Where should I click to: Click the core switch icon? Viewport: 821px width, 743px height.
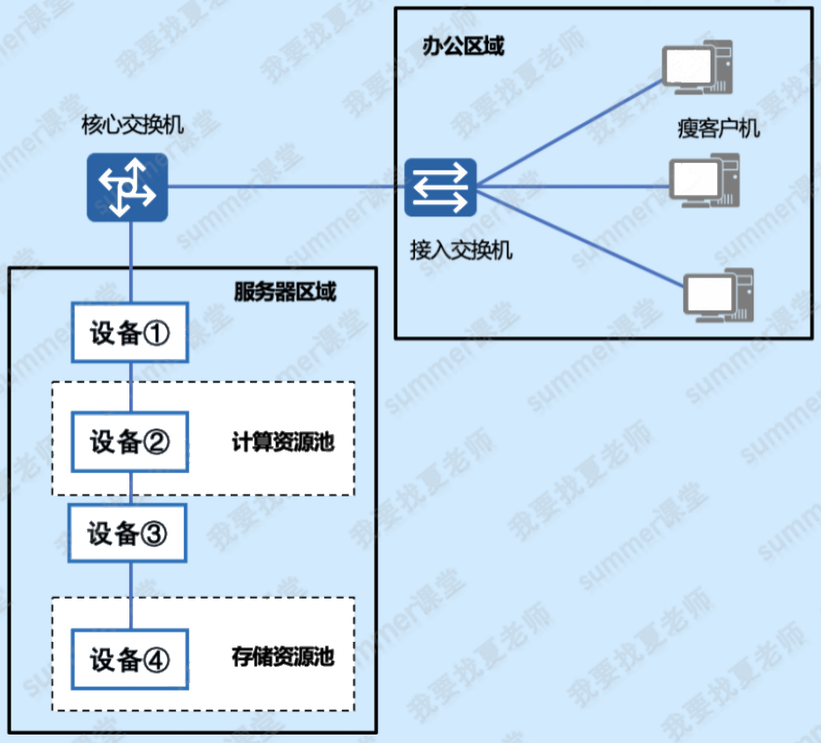pos(127,187)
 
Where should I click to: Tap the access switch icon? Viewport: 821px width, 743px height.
pos(440,187)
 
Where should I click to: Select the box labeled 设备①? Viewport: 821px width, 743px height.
pos(130,332)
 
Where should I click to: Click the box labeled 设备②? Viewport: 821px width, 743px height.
pos(130,441)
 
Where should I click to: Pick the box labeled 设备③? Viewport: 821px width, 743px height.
pos(127,533)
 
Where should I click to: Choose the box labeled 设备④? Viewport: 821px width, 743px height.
pos(130,659)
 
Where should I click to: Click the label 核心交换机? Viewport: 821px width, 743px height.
pos(132,126)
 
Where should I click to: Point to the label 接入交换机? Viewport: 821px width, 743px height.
pos(461,250)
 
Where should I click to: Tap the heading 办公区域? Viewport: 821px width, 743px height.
pos(463,46)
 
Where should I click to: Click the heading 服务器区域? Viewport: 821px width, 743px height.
pos(285,291)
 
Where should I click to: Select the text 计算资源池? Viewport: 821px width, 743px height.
pos(283,442)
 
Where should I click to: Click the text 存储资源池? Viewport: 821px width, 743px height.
pos(283,657)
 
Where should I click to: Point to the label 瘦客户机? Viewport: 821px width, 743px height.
pos(718,128)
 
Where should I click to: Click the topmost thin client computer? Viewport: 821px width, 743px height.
pos(697,67)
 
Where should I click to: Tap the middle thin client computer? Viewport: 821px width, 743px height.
pos(704,180)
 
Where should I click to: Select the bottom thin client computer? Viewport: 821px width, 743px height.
pos(718,295)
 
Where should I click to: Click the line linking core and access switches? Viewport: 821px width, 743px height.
pos(286,186)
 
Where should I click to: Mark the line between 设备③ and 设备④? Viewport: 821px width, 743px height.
pos(130,596)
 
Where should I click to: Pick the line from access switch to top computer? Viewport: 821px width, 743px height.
pos(570,133)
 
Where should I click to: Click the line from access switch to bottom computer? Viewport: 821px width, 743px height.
pos(580,238)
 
